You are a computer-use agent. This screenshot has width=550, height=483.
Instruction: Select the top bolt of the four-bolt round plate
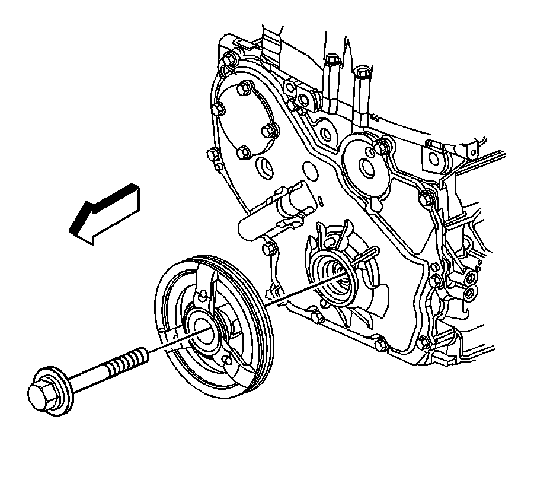click(242, 90)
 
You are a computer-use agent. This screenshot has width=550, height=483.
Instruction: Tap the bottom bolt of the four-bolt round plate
click(243, 152)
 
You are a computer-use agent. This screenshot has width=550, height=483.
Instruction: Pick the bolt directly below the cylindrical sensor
click(268, 248)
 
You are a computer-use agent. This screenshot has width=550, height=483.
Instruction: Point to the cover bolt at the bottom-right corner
click(423, 342)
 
